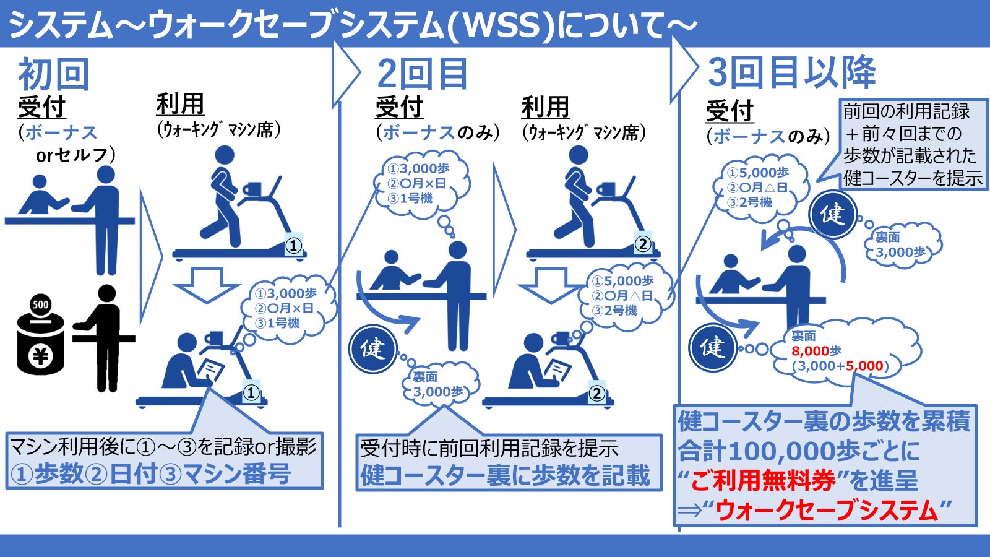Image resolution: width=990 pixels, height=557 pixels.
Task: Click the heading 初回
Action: [x=54, y=75]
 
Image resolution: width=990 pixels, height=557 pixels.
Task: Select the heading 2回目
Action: [x=422, y=75]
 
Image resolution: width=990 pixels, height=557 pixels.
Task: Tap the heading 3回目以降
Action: [x=791, y=72]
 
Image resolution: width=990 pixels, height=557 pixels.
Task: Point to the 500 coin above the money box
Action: [x=40, y=304]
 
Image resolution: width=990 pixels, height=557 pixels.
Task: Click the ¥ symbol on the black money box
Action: [x=40, y=356]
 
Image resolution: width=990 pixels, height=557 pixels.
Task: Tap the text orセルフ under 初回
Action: [x=75, y=155]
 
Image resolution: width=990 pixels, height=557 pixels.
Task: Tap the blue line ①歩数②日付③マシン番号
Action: [x=150, y=474]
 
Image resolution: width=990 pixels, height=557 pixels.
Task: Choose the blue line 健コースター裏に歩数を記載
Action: [x=505, y=475]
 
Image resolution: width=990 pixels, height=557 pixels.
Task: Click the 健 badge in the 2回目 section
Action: [x=373, y=348]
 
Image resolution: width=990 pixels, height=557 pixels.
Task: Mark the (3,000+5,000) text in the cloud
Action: [x=840, y=366]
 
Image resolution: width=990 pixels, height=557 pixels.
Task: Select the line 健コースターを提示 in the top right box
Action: [x=913, y=178]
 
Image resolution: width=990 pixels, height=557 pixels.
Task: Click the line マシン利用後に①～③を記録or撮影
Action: [x=163, y=446]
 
